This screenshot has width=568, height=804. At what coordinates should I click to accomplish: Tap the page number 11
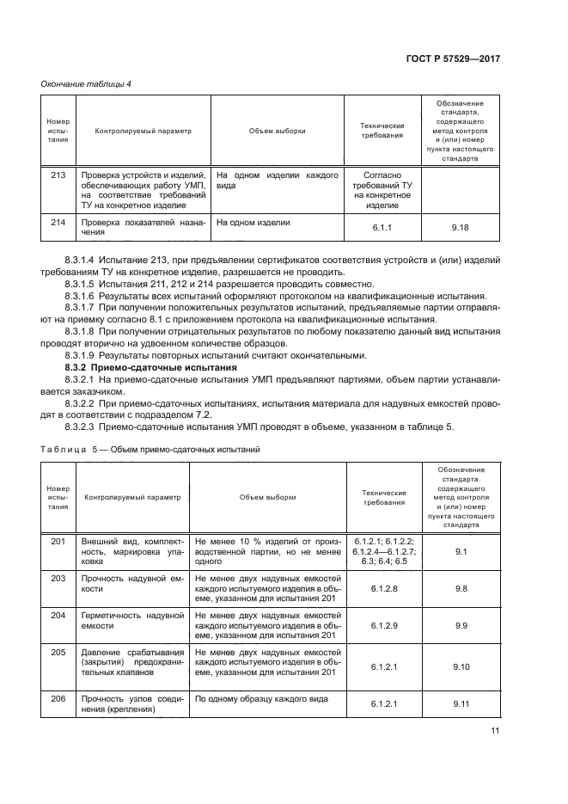(x=494, y=732)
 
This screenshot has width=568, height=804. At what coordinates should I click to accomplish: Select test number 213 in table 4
(x=58, y=175)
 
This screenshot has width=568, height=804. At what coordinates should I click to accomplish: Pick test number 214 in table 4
(x=58, y=222)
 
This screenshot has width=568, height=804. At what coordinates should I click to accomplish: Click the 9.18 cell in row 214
(x=461, y=227)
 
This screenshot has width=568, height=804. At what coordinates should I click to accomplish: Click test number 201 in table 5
(x=58, y=541)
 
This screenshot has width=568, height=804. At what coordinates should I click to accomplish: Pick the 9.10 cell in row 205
(x=461, y=666)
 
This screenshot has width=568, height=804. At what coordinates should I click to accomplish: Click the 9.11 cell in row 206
(x=461, y=703)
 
